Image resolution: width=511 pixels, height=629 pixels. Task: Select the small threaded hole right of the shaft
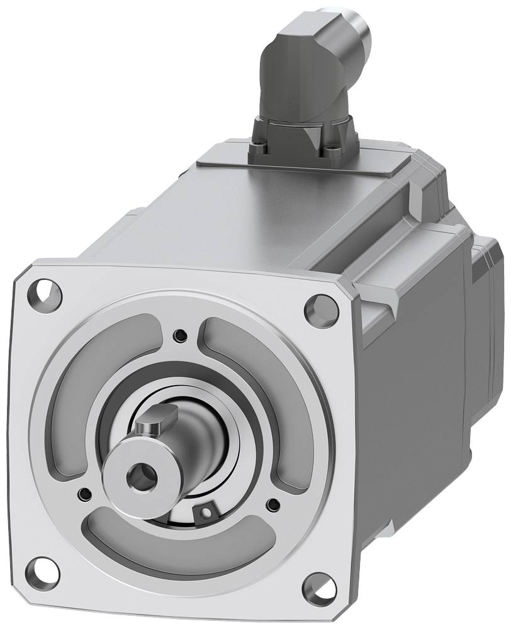coord(272,503)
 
